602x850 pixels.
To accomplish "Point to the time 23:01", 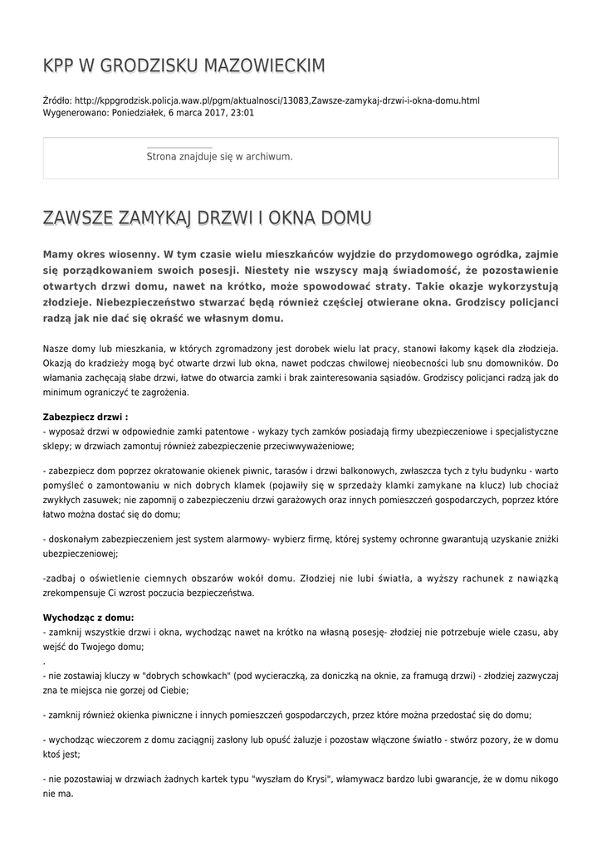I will [242, 112].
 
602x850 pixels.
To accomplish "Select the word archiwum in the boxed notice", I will [266, 156].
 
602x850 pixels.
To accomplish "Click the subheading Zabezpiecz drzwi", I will [85, 417].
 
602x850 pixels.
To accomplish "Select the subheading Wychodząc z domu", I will [88, 617].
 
